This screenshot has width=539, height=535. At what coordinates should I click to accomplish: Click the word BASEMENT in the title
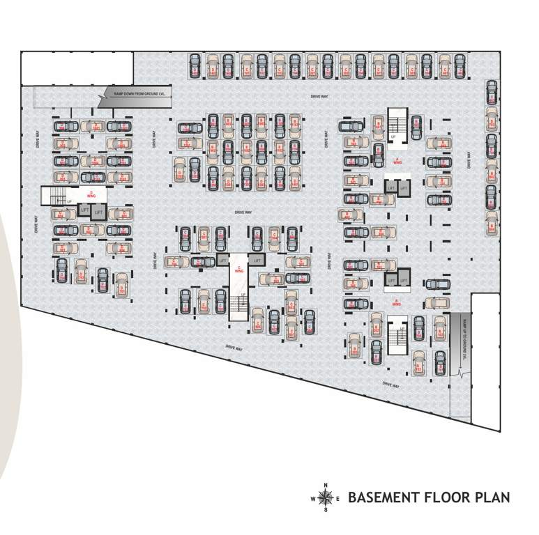383,498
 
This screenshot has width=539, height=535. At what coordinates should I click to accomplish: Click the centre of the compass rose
325,498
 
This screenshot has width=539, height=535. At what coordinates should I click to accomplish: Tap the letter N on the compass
325,485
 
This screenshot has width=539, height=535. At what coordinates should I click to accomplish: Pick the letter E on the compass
338,499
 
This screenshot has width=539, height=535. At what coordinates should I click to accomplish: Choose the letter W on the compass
312,499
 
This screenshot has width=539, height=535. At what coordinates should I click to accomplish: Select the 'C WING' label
239,268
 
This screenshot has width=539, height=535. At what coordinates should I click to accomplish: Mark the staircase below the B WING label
397,334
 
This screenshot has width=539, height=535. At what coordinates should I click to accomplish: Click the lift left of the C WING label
222,260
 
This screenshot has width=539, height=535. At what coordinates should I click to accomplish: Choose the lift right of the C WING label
257,260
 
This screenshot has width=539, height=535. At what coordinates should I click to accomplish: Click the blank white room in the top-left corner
77,68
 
